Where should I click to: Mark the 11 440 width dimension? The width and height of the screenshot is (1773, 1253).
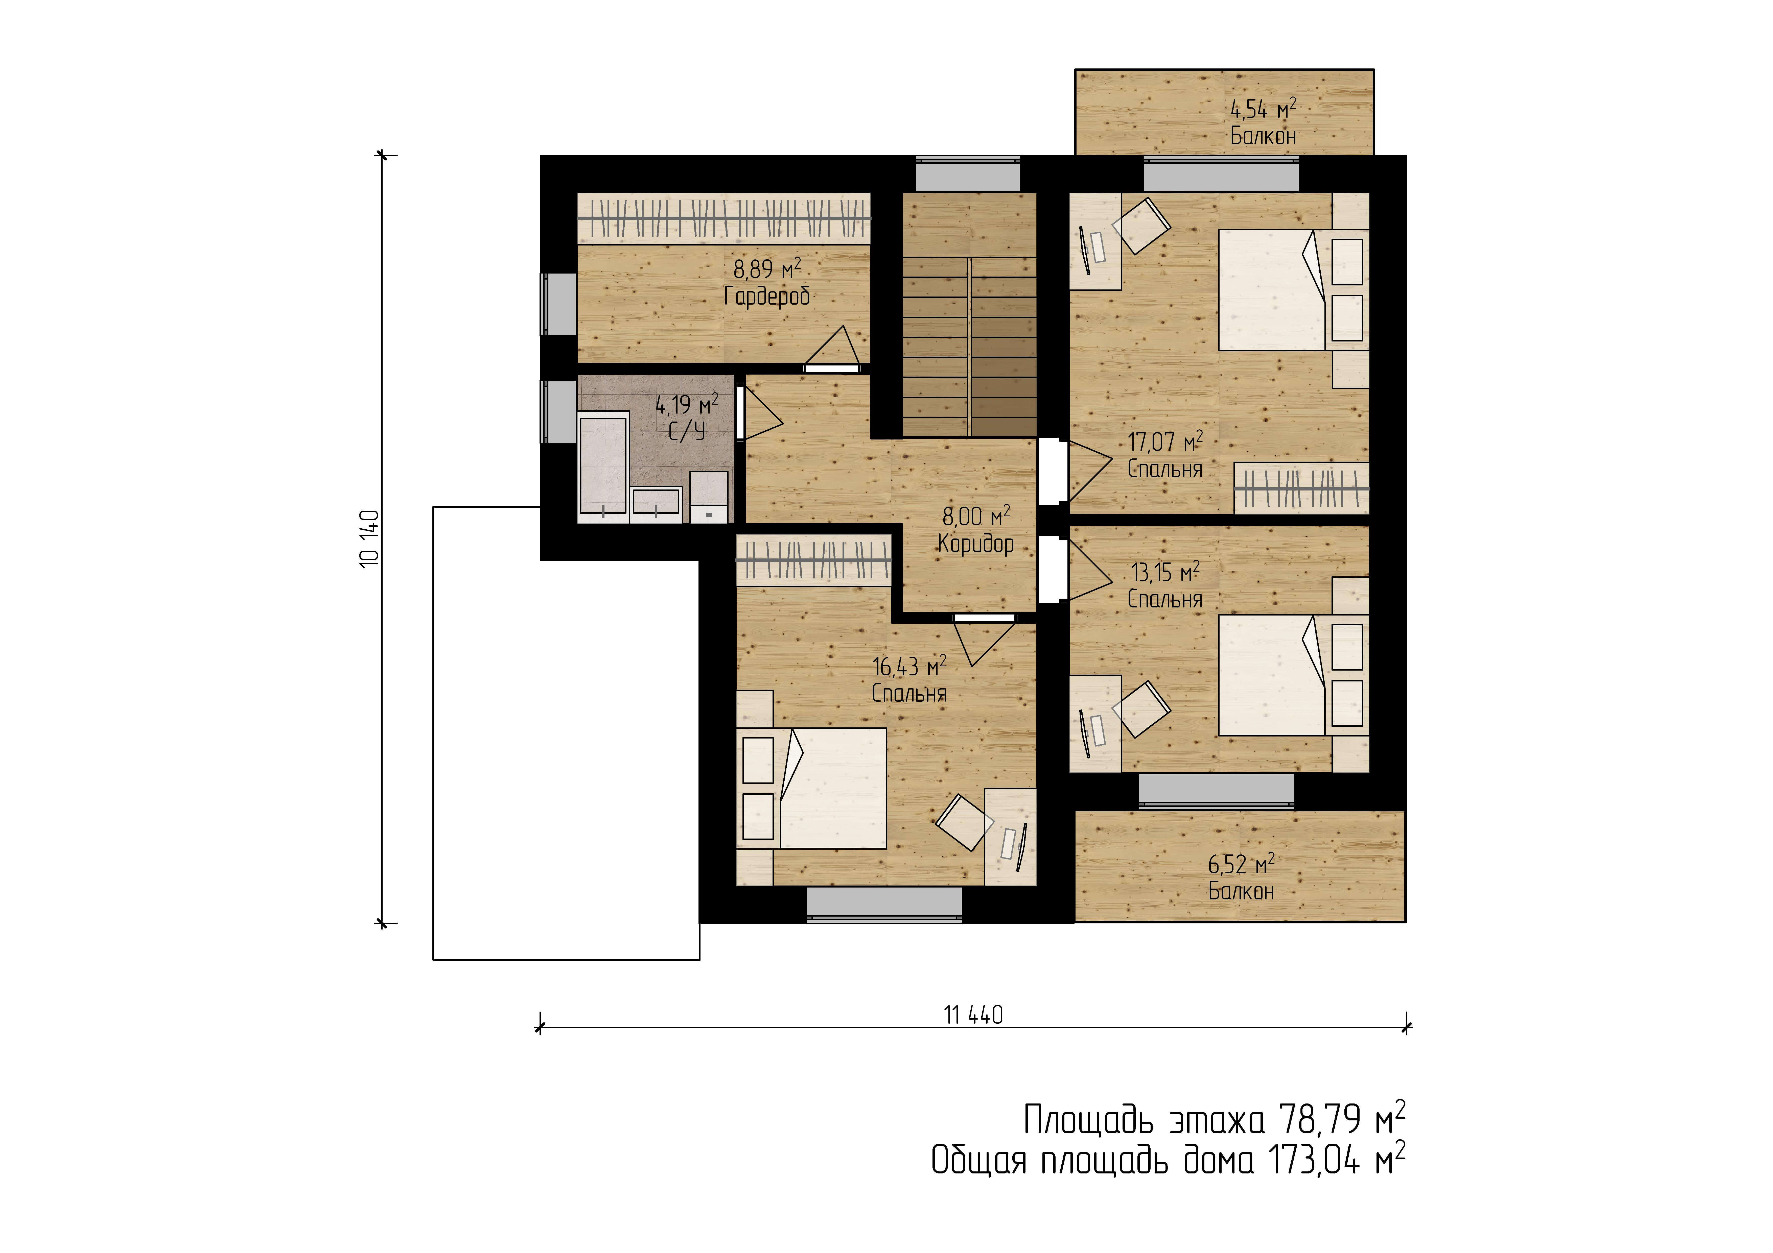973,1014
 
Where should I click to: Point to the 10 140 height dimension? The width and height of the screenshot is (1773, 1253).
370,538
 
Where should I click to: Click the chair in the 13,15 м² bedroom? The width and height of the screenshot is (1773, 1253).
1145,708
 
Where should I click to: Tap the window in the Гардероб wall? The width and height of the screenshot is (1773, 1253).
558,304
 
